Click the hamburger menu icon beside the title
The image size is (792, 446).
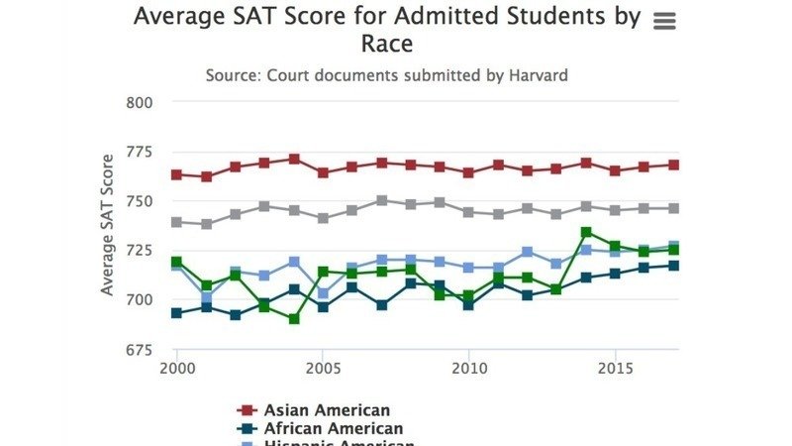pos(665,22)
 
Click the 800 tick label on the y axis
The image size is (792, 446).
pos(141,102)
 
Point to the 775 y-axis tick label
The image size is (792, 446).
pos(141,152)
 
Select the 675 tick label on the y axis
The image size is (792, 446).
pos(141,349)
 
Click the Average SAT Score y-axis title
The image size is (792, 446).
pos(107,226)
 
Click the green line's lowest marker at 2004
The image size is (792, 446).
pos(294,319)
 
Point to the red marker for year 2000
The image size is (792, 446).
pos(177,174)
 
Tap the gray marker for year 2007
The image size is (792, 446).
pos(382,200)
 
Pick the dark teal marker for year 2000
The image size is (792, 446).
pos(177,313)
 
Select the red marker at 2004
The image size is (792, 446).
pos(294,159)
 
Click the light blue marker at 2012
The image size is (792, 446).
pos(528,252)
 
